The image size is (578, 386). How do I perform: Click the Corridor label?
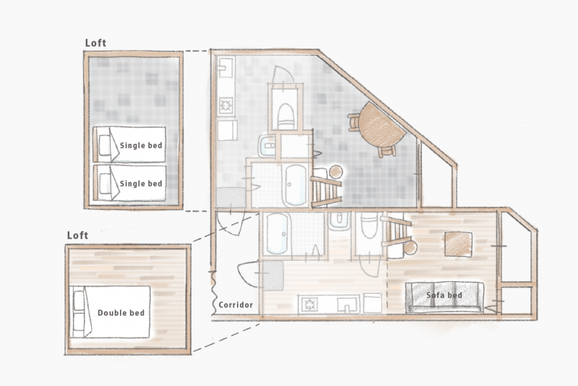point(236,305)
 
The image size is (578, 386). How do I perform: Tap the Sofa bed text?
point(444,295)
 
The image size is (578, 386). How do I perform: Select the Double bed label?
point(121,313)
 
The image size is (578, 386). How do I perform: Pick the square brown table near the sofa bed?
point(459,244)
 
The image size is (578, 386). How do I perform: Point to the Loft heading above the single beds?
point(95,43)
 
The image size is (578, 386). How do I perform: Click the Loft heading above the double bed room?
point(77,235)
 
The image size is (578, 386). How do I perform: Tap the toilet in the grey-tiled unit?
point(285,116)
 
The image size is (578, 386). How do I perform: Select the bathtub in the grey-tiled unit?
point(296,185)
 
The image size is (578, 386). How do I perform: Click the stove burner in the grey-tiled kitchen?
point(225,106)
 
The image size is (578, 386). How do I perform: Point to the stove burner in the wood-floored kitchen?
point(309,304)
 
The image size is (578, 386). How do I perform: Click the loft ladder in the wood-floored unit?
point(396,232)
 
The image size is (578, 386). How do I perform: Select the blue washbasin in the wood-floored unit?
point(339,221)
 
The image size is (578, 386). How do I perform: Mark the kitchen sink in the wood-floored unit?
point(348,305)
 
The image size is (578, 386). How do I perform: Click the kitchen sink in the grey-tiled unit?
point(225,67)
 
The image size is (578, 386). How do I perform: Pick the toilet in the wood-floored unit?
point(370,225)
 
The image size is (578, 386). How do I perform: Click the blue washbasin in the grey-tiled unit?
point(267,145)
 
